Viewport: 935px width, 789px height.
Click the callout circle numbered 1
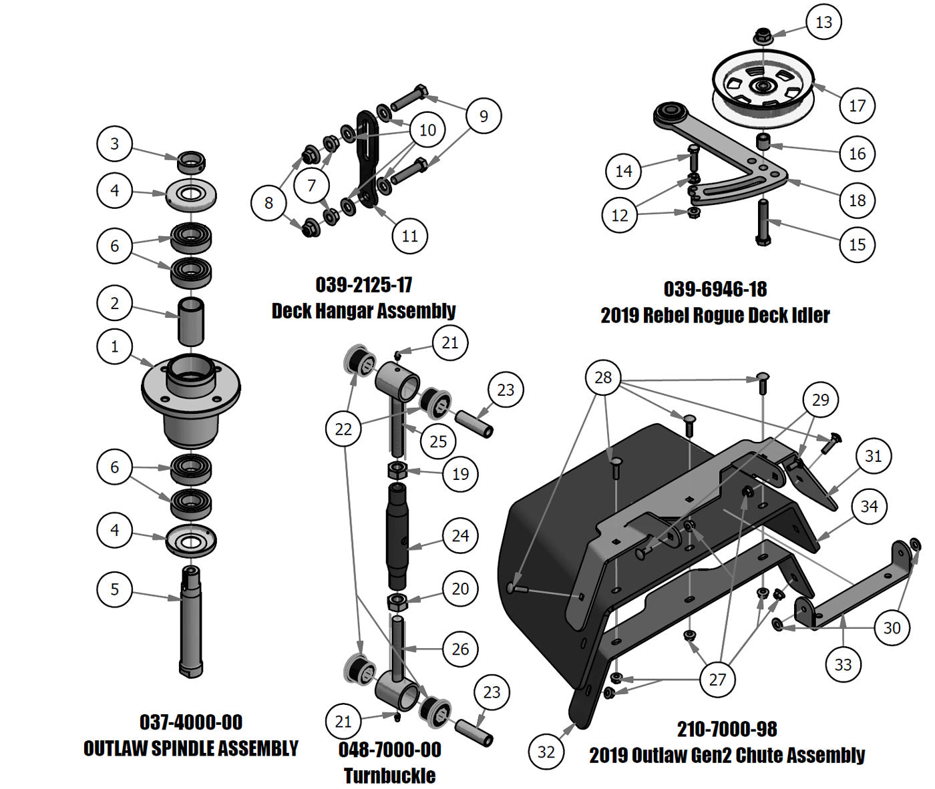pyautogui.click(x=115, y=347)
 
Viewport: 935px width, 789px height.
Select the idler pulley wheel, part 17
pyautogui.click(x=762, y=87)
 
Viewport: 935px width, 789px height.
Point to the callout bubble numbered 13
pyautogui.click(x=823, y=22)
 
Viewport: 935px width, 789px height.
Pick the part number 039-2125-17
pyautogui.click(x=364, y=285)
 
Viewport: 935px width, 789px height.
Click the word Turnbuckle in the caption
pyautogui.click(x=389, y=776)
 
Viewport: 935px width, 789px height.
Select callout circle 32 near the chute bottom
pyautogui.click(x=546, y=752)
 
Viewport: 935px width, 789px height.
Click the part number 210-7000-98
pyautogui.click(x=727, y=729)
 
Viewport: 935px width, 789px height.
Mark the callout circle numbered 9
pyautogui.click(x=484, y=116)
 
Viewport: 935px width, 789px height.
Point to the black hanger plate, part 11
pyautogui.click(x=367, y=160)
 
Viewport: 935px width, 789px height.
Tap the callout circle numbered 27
pyautogui.click(x=717, y=680)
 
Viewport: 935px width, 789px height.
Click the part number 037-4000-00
pyautogui.click(x=191, y=722)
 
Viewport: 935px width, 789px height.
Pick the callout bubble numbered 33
pyautogui.click(x=843, y=665)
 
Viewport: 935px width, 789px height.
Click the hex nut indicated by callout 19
pyautogui.click(x=397, y=471)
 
